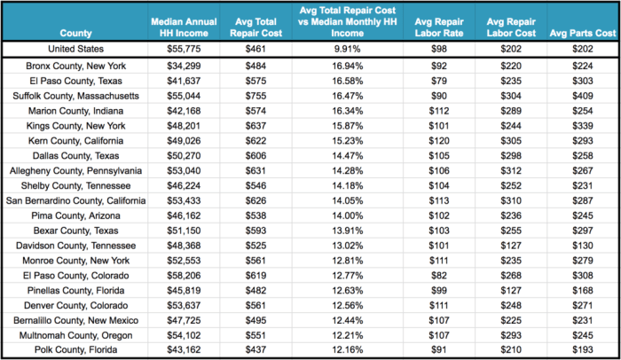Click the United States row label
[75, 50]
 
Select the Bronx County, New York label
[75, 67]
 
